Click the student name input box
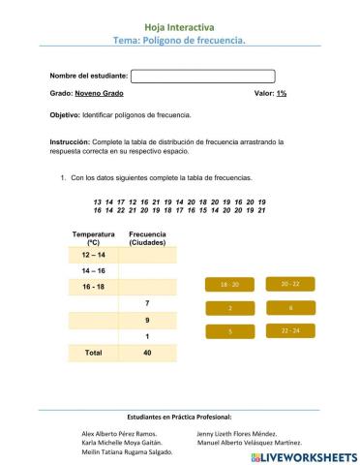coord(202,77)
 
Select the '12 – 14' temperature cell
coord(93,254)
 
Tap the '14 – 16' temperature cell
coord(93,270)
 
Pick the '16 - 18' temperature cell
coord(93,287)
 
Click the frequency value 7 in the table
coord(147,303)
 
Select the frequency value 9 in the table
coord(147,320)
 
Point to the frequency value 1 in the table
coord(147,336)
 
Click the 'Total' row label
coord(93,353)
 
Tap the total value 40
coord(147,353)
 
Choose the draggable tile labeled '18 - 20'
coord(229,285)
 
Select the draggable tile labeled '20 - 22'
coord(290,284)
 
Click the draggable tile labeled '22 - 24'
coord(290,330)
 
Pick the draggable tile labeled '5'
coord(229,331)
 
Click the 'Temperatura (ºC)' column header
coord(93,238)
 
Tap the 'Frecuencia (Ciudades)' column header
coord(147,238)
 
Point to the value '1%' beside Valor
coord(281,94)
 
